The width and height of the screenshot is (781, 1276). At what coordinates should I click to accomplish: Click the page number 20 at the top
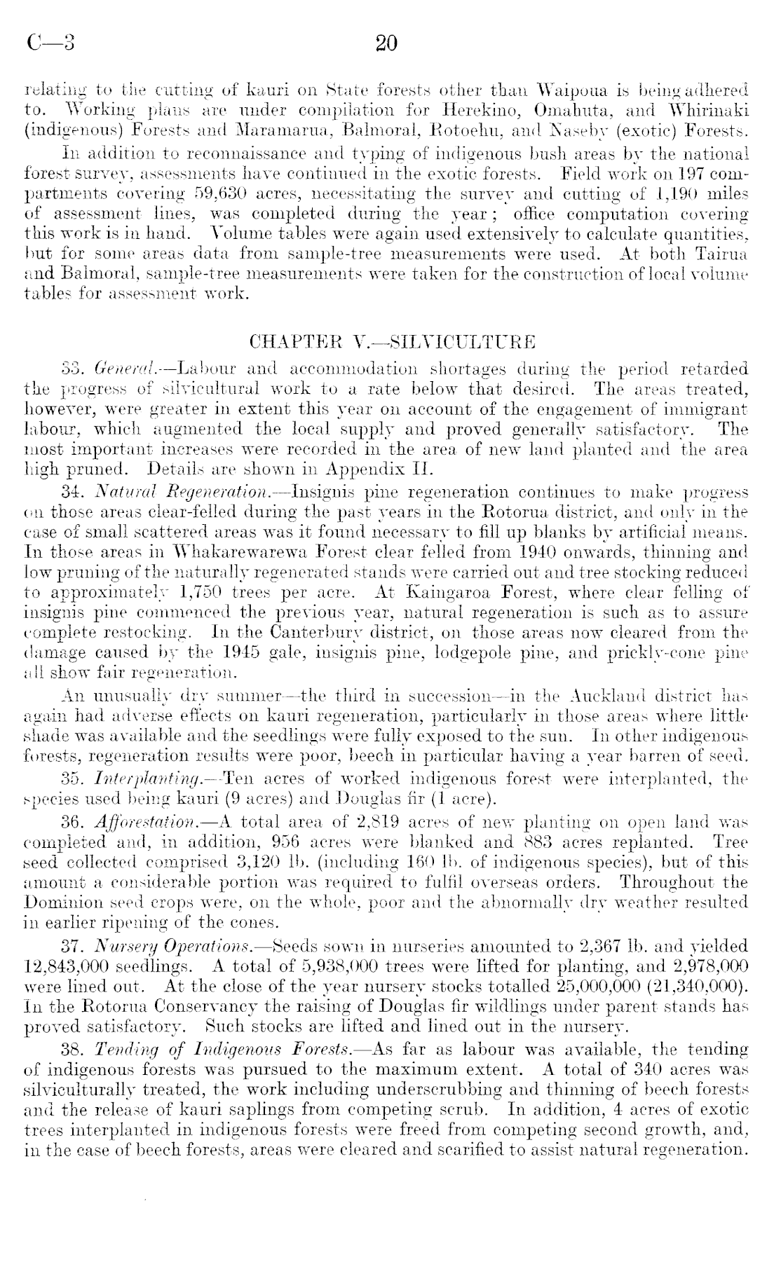(386, 43)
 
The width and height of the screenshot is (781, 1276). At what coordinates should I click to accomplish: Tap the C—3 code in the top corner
(50, 43)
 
